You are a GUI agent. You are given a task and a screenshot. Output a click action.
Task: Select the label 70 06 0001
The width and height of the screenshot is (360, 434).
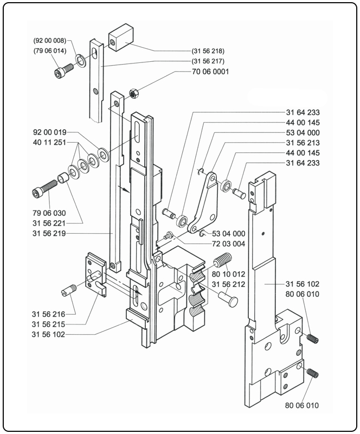[x=210, y=72]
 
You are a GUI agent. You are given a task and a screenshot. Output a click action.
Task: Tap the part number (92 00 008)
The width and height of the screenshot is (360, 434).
[x=50, y=41]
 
